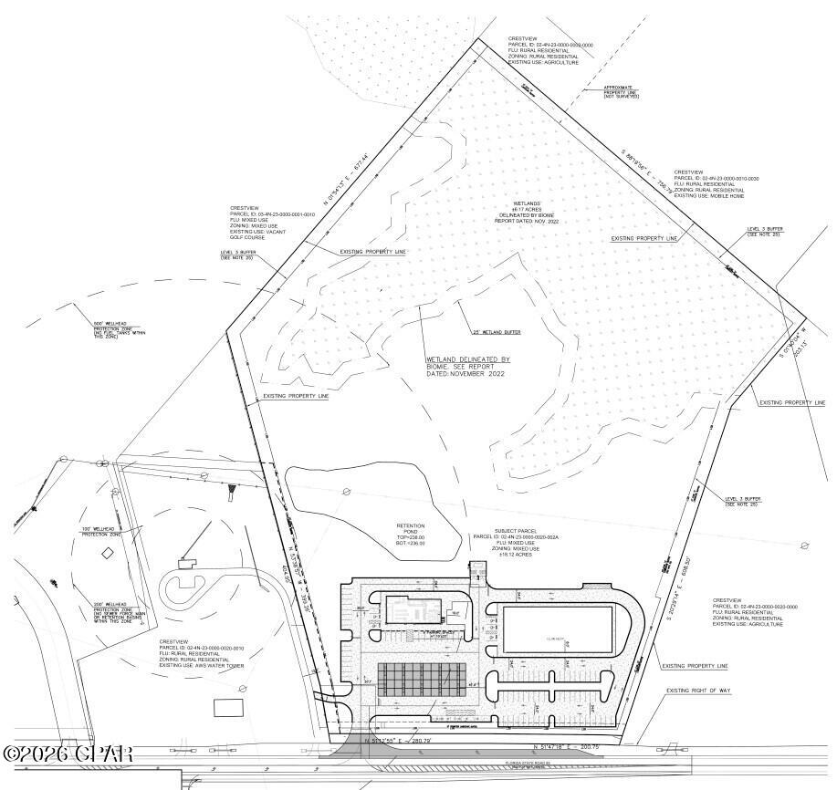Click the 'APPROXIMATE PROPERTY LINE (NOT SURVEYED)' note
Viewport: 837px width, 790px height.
pyautogui.click(x=621, y=91)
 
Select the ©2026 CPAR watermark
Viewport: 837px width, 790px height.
pyautogui.click(x=68, y=754)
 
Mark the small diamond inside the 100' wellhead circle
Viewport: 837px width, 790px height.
pyautogui.click(x=107, y=553)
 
